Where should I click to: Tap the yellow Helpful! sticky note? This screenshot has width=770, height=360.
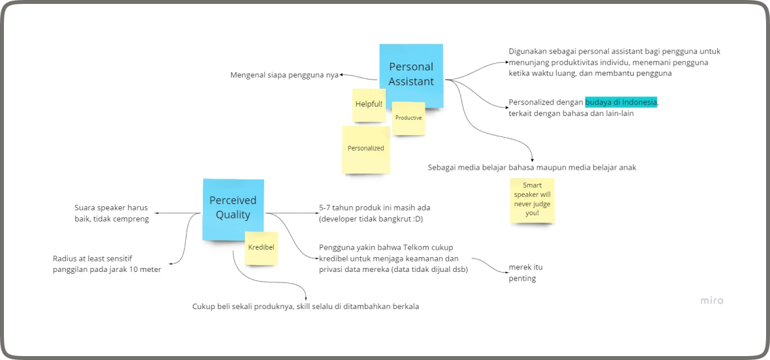click(x=369, y=104)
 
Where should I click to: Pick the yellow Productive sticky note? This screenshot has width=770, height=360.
click(x=408, y=118)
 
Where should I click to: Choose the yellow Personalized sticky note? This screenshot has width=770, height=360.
click(x=365, y=149)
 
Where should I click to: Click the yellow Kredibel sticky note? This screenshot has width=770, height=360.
click(x=261, y=248)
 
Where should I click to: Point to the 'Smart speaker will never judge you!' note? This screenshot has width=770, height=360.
click(x=532, y=200)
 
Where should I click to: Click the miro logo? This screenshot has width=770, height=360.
click(x=712, y=301)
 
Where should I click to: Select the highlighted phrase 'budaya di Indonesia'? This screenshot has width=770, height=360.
click(x=621, y=102)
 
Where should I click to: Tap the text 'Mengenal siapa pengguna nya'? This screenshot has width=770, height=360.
click(x=284, y=75)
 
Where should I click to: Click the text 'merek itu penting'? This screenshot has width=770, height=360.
click(x=525, y=273)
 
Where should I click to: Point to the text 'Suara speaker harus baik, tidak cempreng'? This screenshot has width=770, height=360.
click(x=112, y=213)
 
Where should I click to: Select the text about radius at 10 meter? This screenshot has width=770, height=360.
click(x=106, y=263)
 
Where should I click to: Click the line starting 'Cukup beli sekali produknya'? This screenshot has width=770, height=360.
click(x=305, y=307)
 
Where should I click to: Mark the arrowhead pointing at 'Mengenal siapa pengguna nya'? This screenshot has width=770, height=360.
click(x=342, y=75)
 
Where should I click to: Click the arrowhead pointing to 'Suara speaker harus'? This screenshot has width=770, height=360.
click(x=153, y=213)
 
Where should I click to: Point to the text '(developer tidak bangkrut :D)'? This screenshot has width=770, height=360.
click(x=371, y=219)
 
